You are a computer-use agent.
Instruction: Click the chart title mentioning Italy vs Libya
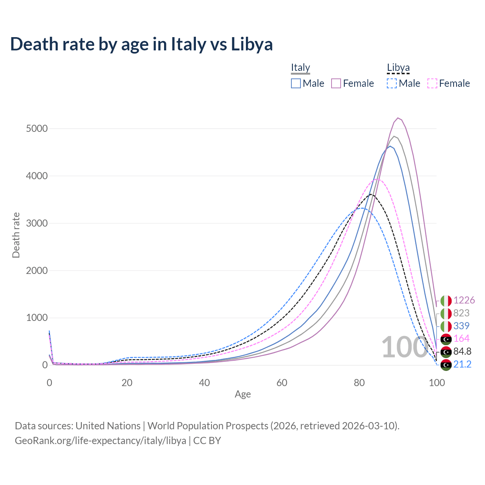click(x=141, y=44)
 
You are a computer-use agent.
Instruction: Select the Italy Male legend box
click(x=296, y=83)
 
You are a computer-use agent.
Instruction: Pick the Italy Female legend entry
click(x=353, y=83)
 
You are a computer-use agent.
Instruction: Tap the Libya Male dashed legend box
click(x=392, y=83)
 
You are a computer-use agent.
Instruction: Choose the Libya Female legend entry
click(x=449, y=83)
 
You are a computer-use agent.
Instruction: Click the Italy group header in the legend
click(x=300, y=67)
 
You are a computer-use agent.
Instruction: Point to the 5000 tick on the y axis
click(x=37, y=129)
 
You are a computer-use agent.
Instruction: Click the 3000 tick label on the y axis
click(x=37, y=223)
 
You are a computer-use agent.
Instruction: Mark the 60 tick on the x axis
click(x=282, y=383)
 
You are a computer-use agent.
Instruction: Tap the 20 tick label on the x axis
click(x=127, y=383)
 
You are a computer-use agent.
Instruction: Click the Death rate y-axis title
click(x=16, y=235)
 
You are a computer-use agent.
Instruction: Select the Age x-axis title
click(x=242, y=394)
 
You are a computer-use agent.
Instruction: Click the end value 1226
click(x=464, y=300)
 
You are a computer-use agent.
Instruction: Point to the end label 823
click(x=461, y=313)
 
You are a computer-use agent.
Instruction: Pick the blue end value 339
click(x=461, y=326)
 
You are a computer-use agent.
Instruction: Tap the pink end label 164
click(x=461, y=338)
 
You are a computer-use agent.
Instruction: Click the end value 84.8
click(x=462, y=351)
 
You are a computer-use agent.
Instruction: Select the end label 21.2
click(x=462, y=364)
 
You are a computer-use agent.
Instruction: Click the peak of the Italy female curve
click(x=398, y=118)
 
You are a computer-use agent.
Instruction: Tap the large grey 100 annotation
click(x=404, y=347)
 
